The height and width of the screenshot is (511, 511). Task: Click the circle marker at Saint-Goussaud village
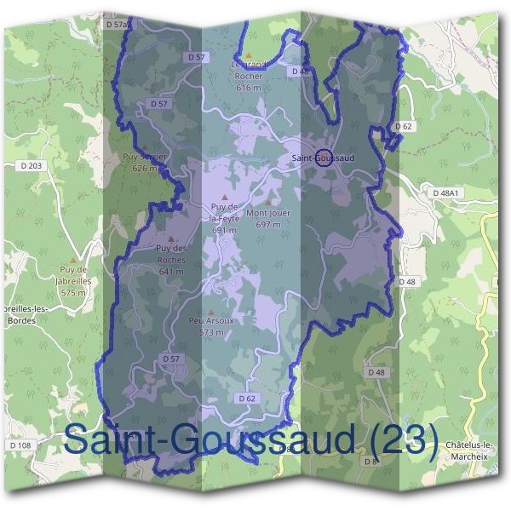324,157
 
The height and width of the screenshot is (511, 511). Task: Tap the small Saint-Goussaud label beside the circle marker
322,158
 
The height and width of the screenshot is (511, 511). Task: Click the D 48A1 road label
445,193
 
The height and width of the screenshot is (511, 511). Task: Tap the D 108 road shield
20,445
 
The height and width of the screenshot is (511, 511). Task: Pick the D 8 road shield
370,462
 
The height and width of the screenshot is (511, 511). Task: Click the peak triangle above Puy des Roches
171,239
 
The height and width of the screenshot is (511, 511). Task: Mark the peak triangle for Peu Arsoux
210,311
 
